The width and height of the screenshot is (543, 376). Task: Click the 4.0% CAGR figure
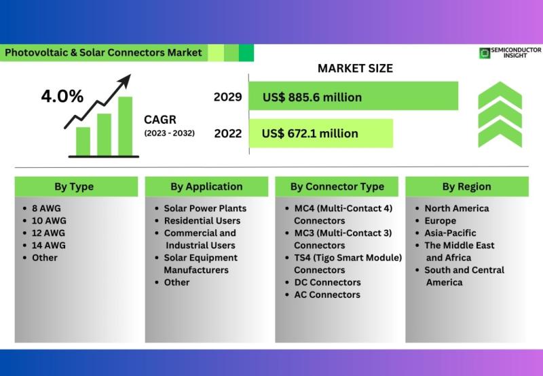point(62,96)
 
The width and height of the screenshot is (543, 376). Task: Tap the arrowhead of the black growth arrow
point(125,80)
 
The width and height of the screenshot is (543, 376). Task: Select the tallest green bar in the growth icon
point(125,126)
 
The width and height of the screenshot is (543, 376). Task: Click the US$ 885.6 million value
point(312,97)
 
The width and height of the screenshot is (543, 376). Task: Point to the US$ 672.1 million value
point(310,133)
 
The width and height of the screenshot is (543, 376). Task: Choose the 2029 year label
point(227,97)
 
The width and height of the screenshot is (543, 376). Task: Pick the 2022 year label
point(228,133)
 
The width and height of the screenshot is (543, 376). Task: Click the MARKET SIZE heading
point(355,68)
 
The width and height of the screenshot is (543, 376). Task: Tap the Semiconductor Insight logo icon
point(485,53)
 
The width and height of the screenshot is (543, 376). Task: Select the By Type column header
point(74,186)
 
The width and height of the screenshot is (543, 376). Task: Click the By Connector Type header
point(337,186)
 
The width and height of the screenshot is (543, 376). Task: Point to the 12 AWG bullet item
point(48,233)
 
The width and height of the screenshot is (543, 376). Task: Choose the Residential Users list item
point(202,220)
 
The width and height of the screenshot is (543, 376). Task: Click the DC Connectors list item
point(328,282)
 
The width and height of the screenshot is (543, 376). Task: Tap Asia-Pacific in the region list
point(450,233)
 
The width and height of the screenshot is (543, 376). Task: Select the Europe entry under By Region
point(441,221)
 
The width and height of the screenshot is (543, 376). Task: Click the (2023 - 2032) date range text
point(169,133)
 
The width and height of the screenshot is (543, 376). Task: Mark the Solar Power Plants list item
point(205,209)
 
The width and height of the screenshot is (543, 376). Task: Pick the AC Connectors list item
point(327,295)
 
